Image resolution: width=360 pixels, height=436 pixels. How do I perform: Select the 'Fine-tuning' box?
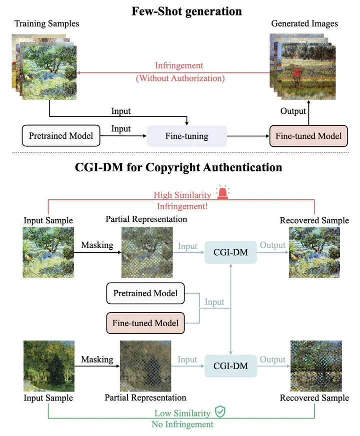click(x=186, y=136)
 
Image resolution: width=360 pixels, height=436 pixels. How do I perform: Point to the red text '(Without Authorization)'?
click(x=180, y=78)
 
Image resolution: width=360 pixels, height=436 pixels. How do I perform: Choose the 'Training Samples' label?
click(x=47, y=23)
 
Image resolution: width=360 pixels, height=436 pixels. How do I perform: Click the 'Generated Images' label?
click(x=304, y=23)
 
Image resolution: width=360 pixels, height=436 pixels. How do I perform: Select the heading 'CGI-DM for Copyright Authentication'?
click(x=178, y=167)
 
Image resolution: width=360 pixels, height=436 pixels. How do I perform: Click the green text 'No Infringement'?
click(x=182, y=424)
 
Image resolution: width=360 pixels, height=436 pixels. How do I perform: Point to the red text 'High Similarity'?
click(x=182, y=195)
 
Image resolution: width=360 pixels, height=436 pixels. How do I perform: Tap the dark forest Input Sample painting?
click(x=48, y=366)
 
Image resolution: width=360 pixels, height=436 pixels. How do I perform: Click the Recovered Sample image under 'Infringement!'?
click(x=314, y=252)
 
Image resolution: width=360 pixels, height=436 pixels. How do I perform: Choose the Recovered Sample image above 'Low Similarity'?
click(x=314, y=366)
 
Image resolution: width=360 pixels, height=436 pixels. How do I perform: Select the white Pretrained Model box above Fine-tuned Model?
click(x=145, y=293)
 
